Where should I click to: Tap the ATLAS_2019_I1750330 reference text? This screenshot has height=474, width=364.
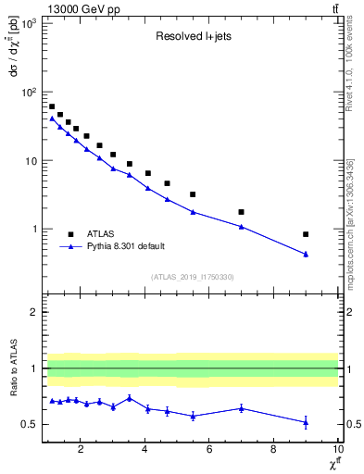191,277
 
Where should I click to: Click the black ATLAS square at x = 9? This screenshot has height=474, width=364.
306,234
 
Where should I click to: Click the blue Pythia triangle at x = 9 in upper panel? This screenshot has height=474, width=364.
306,254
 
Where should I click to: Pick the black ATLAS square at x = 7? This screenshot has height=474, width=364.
241,212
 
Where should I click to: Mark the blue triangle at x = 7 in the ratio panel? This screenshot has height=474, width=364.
241,408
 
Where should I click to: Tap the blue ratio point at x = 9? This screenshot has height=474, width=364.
306,422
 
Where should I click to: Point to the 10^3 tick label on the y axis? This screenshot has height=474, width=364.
31,23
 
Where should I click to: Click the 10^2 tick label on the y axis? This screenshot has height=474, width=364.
31,92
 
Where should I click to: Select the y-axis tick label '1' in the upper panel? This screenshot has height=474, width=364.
35,229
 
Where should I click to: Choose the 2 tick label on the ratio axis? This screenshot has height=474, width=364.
35,312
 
